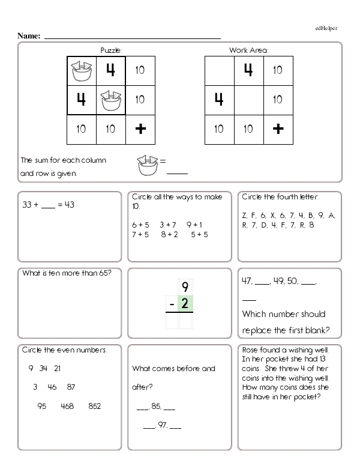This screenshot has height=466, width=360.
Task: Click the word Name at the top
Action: (28, 36)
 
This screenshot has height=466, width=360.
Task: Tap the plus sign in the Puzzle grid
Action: (140, 129)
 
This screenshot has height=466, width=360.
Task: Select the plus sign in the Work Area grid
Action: (277, 129)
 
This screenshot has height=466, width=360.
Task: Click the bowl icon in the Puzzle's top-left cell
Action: (81, 70)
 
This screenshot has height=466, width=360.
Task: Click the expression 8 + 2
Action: (169, 235)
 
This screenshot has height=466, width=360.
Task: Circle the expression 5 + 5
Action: (199, 235)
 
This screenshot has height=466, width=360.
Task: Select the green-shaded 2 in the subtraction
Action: (185, 305)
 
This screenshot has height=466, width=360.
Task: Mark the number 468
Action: (67, 407)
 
